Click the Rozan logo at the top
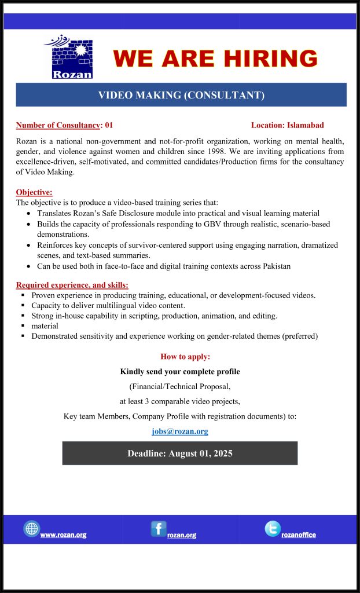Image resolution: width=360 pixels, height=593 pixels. pos(68,57)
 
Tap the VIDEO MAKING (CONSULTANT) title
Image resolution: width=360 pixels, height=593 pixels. pos(181,95)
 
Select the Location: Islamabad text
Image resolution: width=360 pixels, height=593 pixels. pos(287,125)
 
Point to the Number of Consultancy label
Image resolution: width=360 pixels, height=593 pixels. pos(58,125)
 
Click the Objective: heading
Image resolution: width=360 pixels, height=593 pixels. pos(34,192)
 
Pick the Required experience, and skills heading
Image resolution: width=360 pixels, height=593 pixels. pos(72,285)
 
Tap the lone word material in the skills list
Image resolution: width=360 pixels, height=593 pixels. pos(45,326)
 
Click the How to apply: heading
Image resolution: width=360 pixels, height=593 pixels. pos(185,356)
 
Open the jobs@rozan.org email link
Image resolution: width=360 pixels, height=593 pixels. pos(180,431)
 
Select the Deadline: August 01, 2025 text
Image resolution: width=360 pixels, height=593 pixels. pos(180,453)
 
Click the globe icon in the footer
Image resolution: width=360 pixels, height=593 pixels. pos(31,529)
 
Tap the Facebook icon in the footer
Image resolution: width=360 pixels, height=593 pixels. pos(159,529)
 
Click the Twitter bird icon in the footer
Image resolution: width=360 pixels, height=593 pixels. pos(273,529)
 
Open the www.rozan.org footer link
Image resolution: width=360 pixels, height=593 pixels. pos(63,535)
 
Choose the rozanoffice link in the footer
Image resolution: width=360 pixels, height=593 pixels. pos(299,535)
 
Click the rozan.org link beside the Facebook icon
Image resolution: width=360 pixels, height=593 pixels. pos(182,535)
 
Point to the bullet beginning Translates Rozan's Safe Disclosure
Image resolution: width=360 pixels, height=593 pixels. pos(178,214)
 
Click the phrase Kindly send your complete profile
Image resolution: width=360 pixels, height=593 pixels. pos(180,371)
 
